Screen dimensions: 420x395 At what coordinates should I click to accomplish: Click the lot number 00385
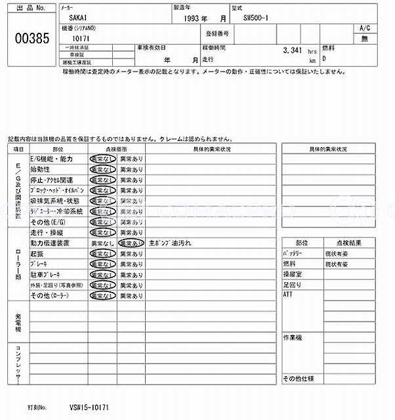tap(31, 38)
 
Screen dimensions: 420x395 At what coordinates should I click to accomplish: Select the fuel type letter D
tap(324, 58)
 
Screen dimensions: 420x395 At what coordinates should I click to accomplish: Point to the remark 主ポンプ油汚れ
tap(170, 243)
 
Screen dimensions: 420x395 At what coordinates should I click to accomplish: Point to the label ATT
tap(287, 295)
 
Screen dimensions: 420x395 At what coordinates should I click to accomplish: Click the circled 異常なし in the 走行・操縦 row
tap(103, 232)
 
